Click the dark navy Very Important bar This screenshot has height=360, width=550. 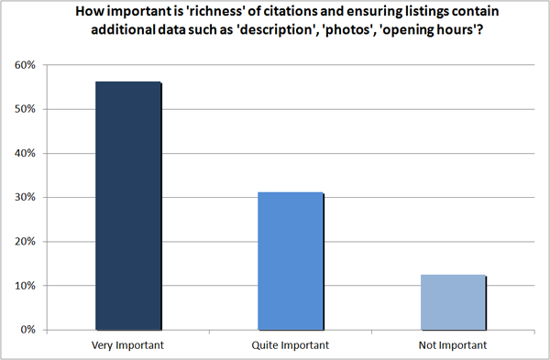128,205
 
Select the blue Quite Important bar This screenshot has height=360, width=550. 291,261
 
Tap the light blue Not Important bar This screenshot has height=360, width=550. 453,301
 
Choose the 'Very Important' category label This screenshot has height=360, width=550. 128,345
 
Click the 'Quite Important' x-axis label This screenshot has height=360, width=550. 291,345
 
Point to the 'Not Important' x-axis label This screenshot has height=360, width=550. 453,345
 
